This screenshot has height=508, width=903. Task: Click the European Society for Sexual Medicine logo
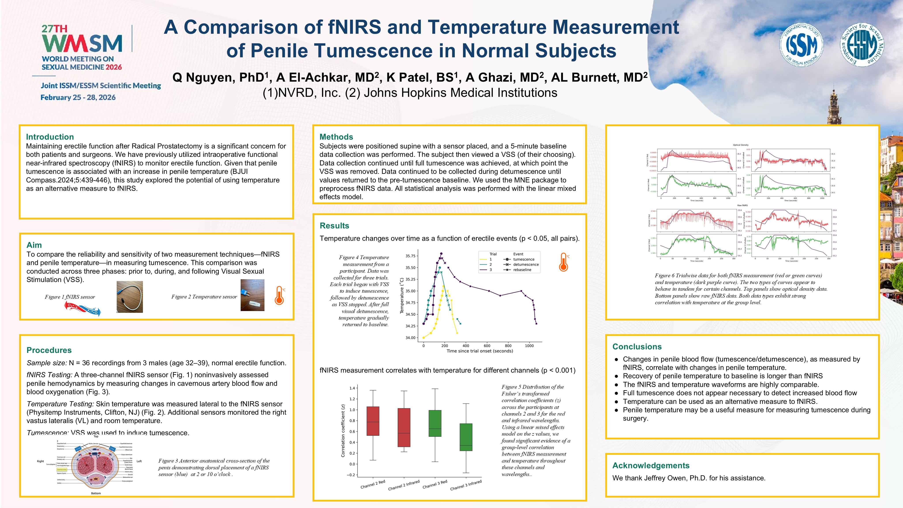[862, 45]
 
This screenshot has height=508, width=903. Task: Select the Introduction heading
[50, 137]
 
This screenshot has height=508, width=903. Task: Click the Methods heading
[336, 137]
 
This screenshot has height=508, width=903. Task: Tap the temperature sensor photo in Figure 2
[252, 295]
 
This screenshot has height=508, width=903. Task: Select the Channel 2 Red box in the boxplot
[373, 421]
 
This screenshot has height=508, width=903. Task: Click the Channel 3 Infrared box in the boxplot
[466, 437]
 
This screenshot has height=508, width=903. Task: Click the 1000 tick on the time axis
[529, 346]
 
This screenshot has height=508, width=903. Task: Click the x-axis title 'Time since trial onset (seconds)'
[480, 351]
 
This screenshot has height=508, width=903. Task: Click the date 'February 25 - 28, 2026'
[78, 97]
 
